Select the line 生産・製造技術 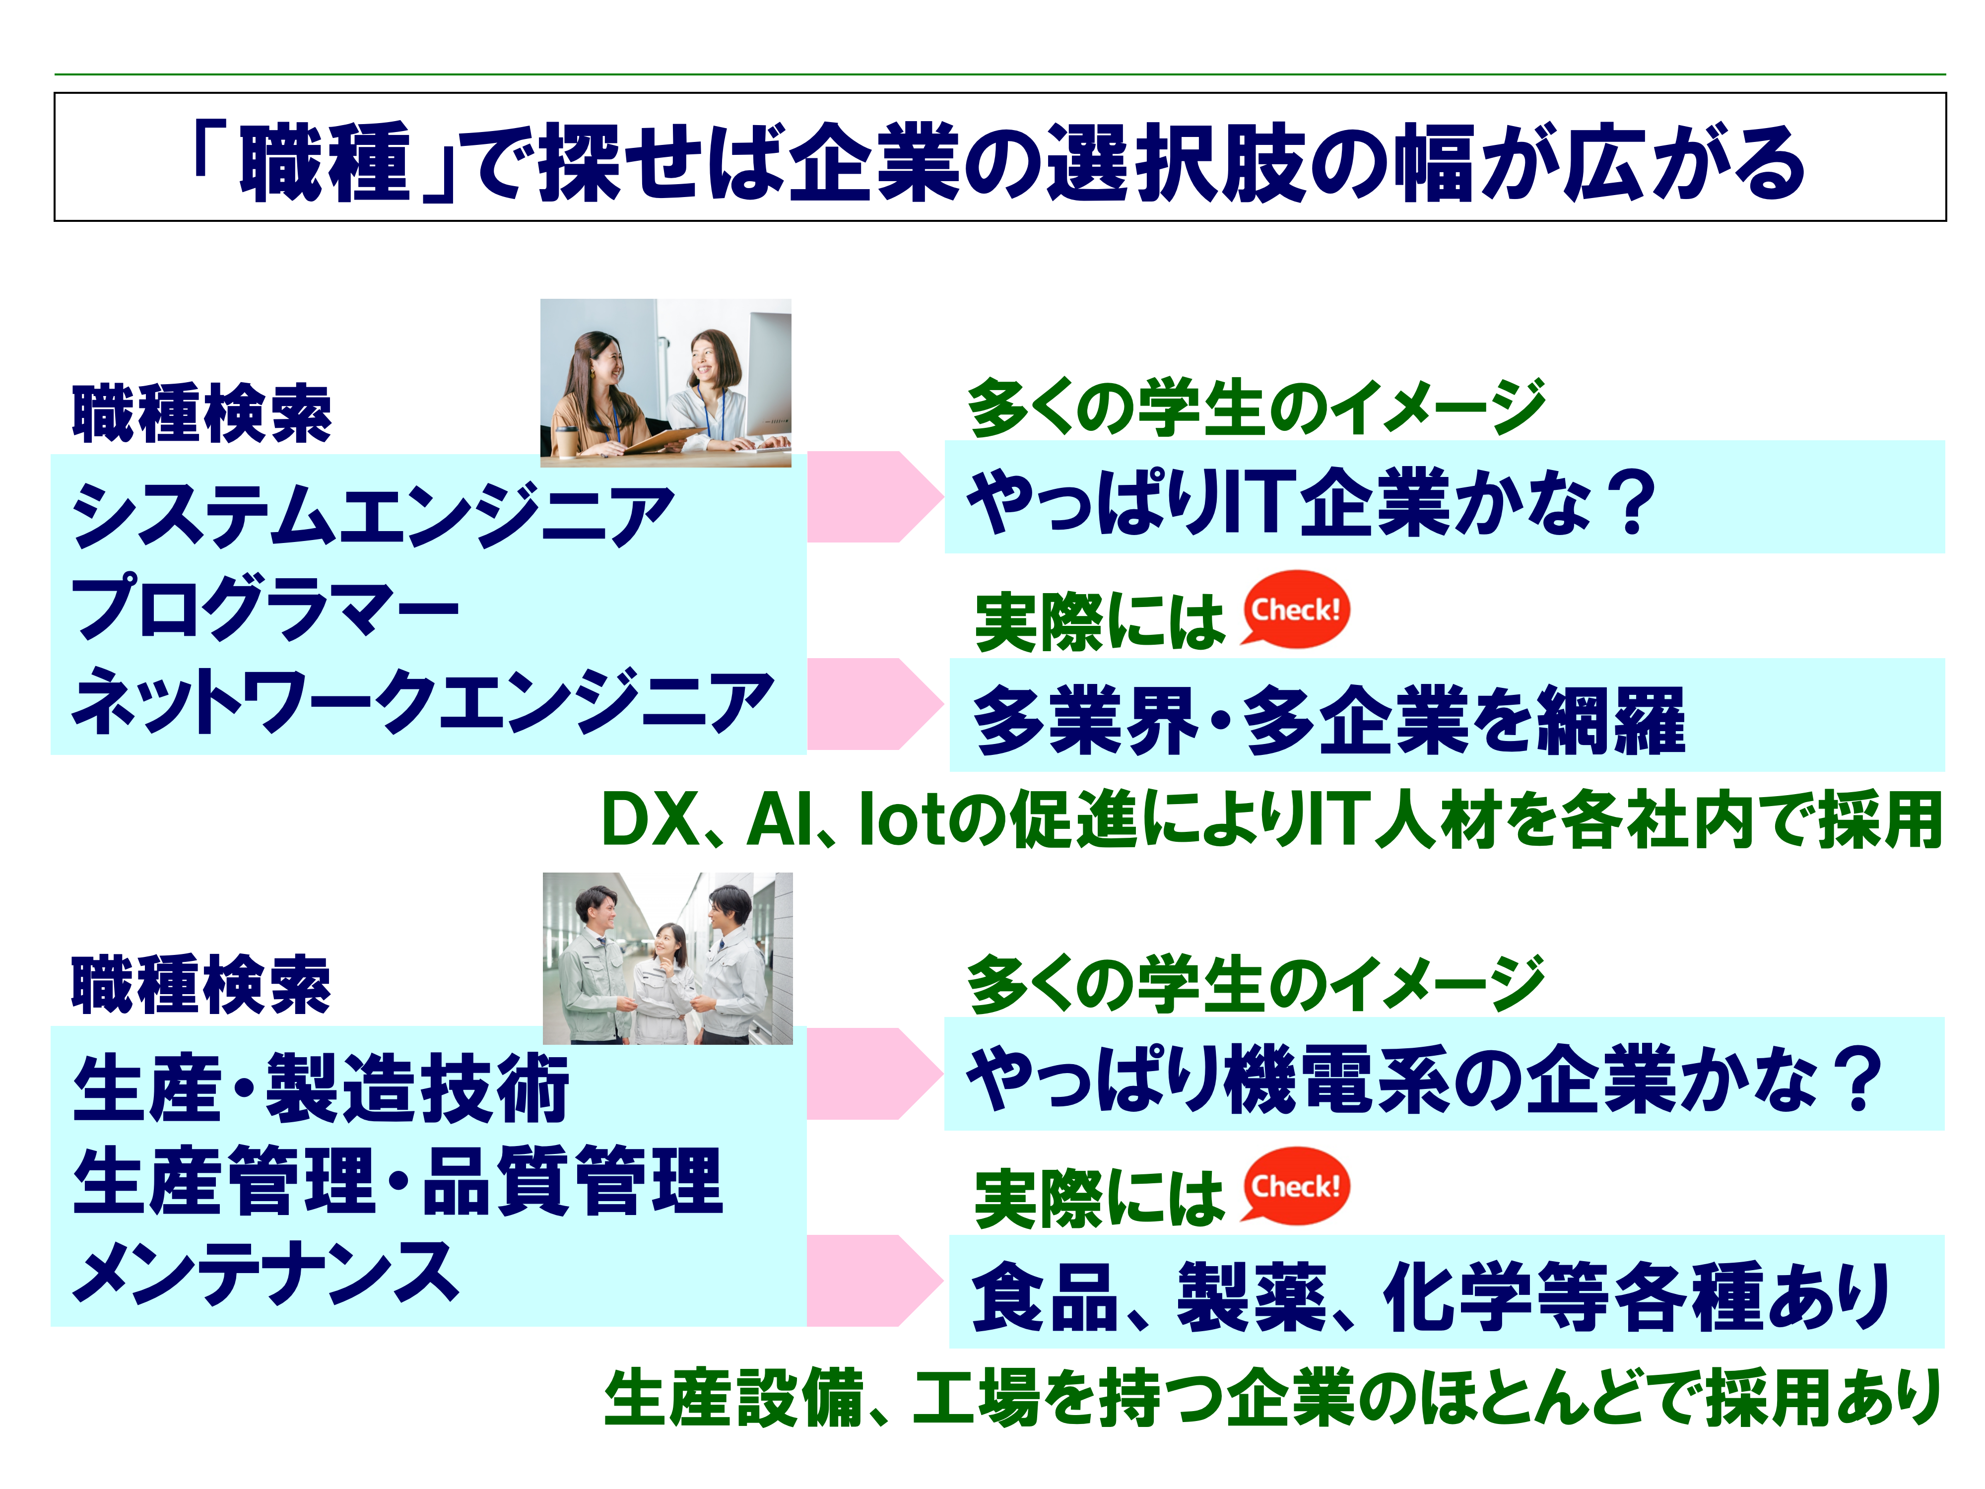321,1088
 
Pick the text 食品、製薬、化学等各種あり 1431,1297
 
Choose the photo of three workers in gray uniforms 667,957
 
